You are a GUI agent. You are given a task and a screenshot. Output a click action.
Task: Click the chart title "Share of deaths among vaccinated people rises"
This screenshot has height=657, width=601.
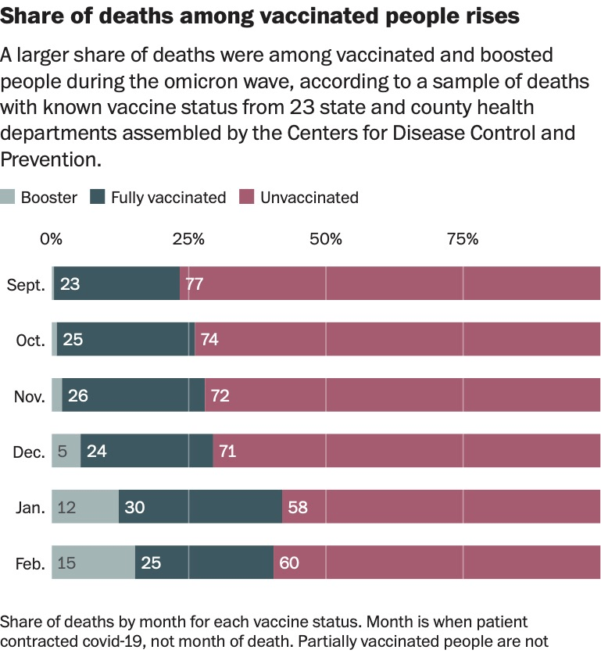[259, 16]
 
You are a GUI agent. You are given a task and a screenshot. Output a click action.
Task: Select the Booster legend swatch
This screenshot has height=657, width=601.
[8, 198]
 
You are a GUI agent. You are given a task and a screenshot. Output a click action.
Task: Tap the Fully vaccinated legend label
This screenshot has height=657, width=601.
[168, 198]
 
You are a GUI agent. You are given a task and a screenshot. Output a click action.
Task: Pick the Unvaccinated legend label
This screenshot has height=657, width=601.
[309, 198]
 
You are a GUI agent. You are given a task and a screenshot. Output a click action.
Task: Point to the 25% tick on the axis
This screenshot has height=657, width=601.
[188, 239]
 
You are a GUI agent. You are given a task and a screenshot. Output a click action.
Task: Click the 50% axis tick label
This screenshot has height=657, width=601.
[325, 239]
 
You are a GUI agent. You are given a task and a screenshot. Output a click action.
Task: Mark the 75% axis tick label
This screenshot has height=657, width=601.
[462, 239]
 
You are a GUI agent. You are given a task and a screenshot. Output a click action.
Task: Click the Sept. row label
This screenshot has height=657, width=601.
[26, 284]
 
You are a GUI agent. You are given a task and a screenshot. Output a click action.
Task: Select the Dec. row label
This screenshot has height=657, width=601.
[28, 452]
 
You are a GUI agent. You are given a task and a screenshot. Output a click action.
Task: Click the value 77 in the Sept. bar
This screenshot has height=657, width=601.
[195, 284]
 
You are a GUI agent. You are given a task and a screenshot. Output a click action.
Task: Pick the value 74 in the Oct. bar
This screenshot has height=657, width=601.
[209, 340]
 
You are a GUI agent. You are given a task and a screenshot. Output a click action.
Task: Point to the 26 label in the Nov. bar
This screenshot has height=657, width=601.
[77, 396]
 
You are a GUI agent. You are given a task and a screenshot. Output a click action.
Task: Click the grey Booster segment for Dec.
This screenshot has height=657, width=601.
[66, 452]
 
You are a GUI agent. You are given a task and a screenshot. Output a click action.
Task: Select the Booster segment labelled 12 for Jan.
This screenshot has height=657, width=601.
[84, 508]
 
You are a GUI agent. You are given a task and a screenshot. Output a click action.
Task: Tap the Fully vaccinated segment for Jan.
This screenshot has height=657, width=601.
[200, 508]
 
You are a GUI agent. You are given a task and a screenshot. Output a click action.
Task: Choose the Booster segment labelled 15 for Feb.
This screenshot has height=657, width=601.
[93, 563]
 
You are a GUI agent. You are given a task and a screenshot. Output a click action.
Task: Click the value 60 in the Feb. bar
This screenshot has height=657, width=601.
[288, 563]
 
